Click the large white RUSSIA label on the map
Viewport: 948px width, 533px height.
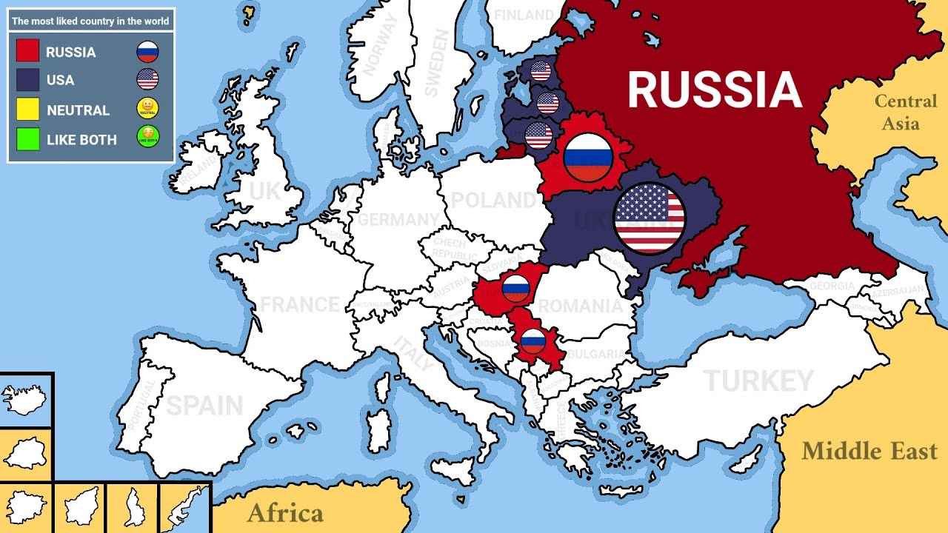[x=715, y=90]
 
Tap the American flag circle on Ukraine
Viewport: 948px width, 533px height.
[x=650, y=218]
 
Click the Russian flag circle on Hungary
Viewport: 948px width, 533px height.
[x=515, y=289]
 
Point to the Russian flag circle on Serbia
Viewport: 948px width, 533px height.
[x=533, y=341]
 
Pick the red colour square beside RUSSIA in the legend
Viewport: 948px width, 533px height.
[x=27, y=51]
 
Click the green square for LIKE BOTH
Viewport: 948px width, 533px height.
[x=27, y=139]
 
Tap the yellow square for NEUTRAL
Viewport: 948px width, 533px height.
[x=27, y=110]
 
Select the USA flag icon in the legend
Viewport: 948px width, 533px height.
[x=147, y=79]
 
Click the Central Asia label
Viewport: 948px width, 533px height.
[x=905, y=112]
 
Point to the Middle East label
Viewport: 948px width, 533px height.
[x=869, y=451]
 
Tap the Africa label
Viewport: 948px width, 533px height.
[x=285, y=513]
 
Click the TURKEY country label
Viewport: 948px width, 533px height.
[x=758, y=381]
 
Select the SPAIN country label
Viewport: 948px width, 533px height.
[x=204, y=405]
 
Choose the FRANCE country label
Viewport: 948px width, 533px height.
[x=299, y=304]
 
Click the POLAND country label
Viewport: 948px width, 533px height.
[x=493, y=200]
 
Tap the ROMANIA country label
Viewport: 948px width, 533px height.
[x=580, y=306]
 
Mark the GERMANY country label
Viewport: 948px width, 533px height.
[x=398, y=220]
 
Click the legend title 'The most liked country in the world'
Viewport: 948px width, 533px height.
[x=90, y=21]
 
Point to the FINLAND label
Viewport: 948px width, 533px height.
[x=524, y=15]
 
